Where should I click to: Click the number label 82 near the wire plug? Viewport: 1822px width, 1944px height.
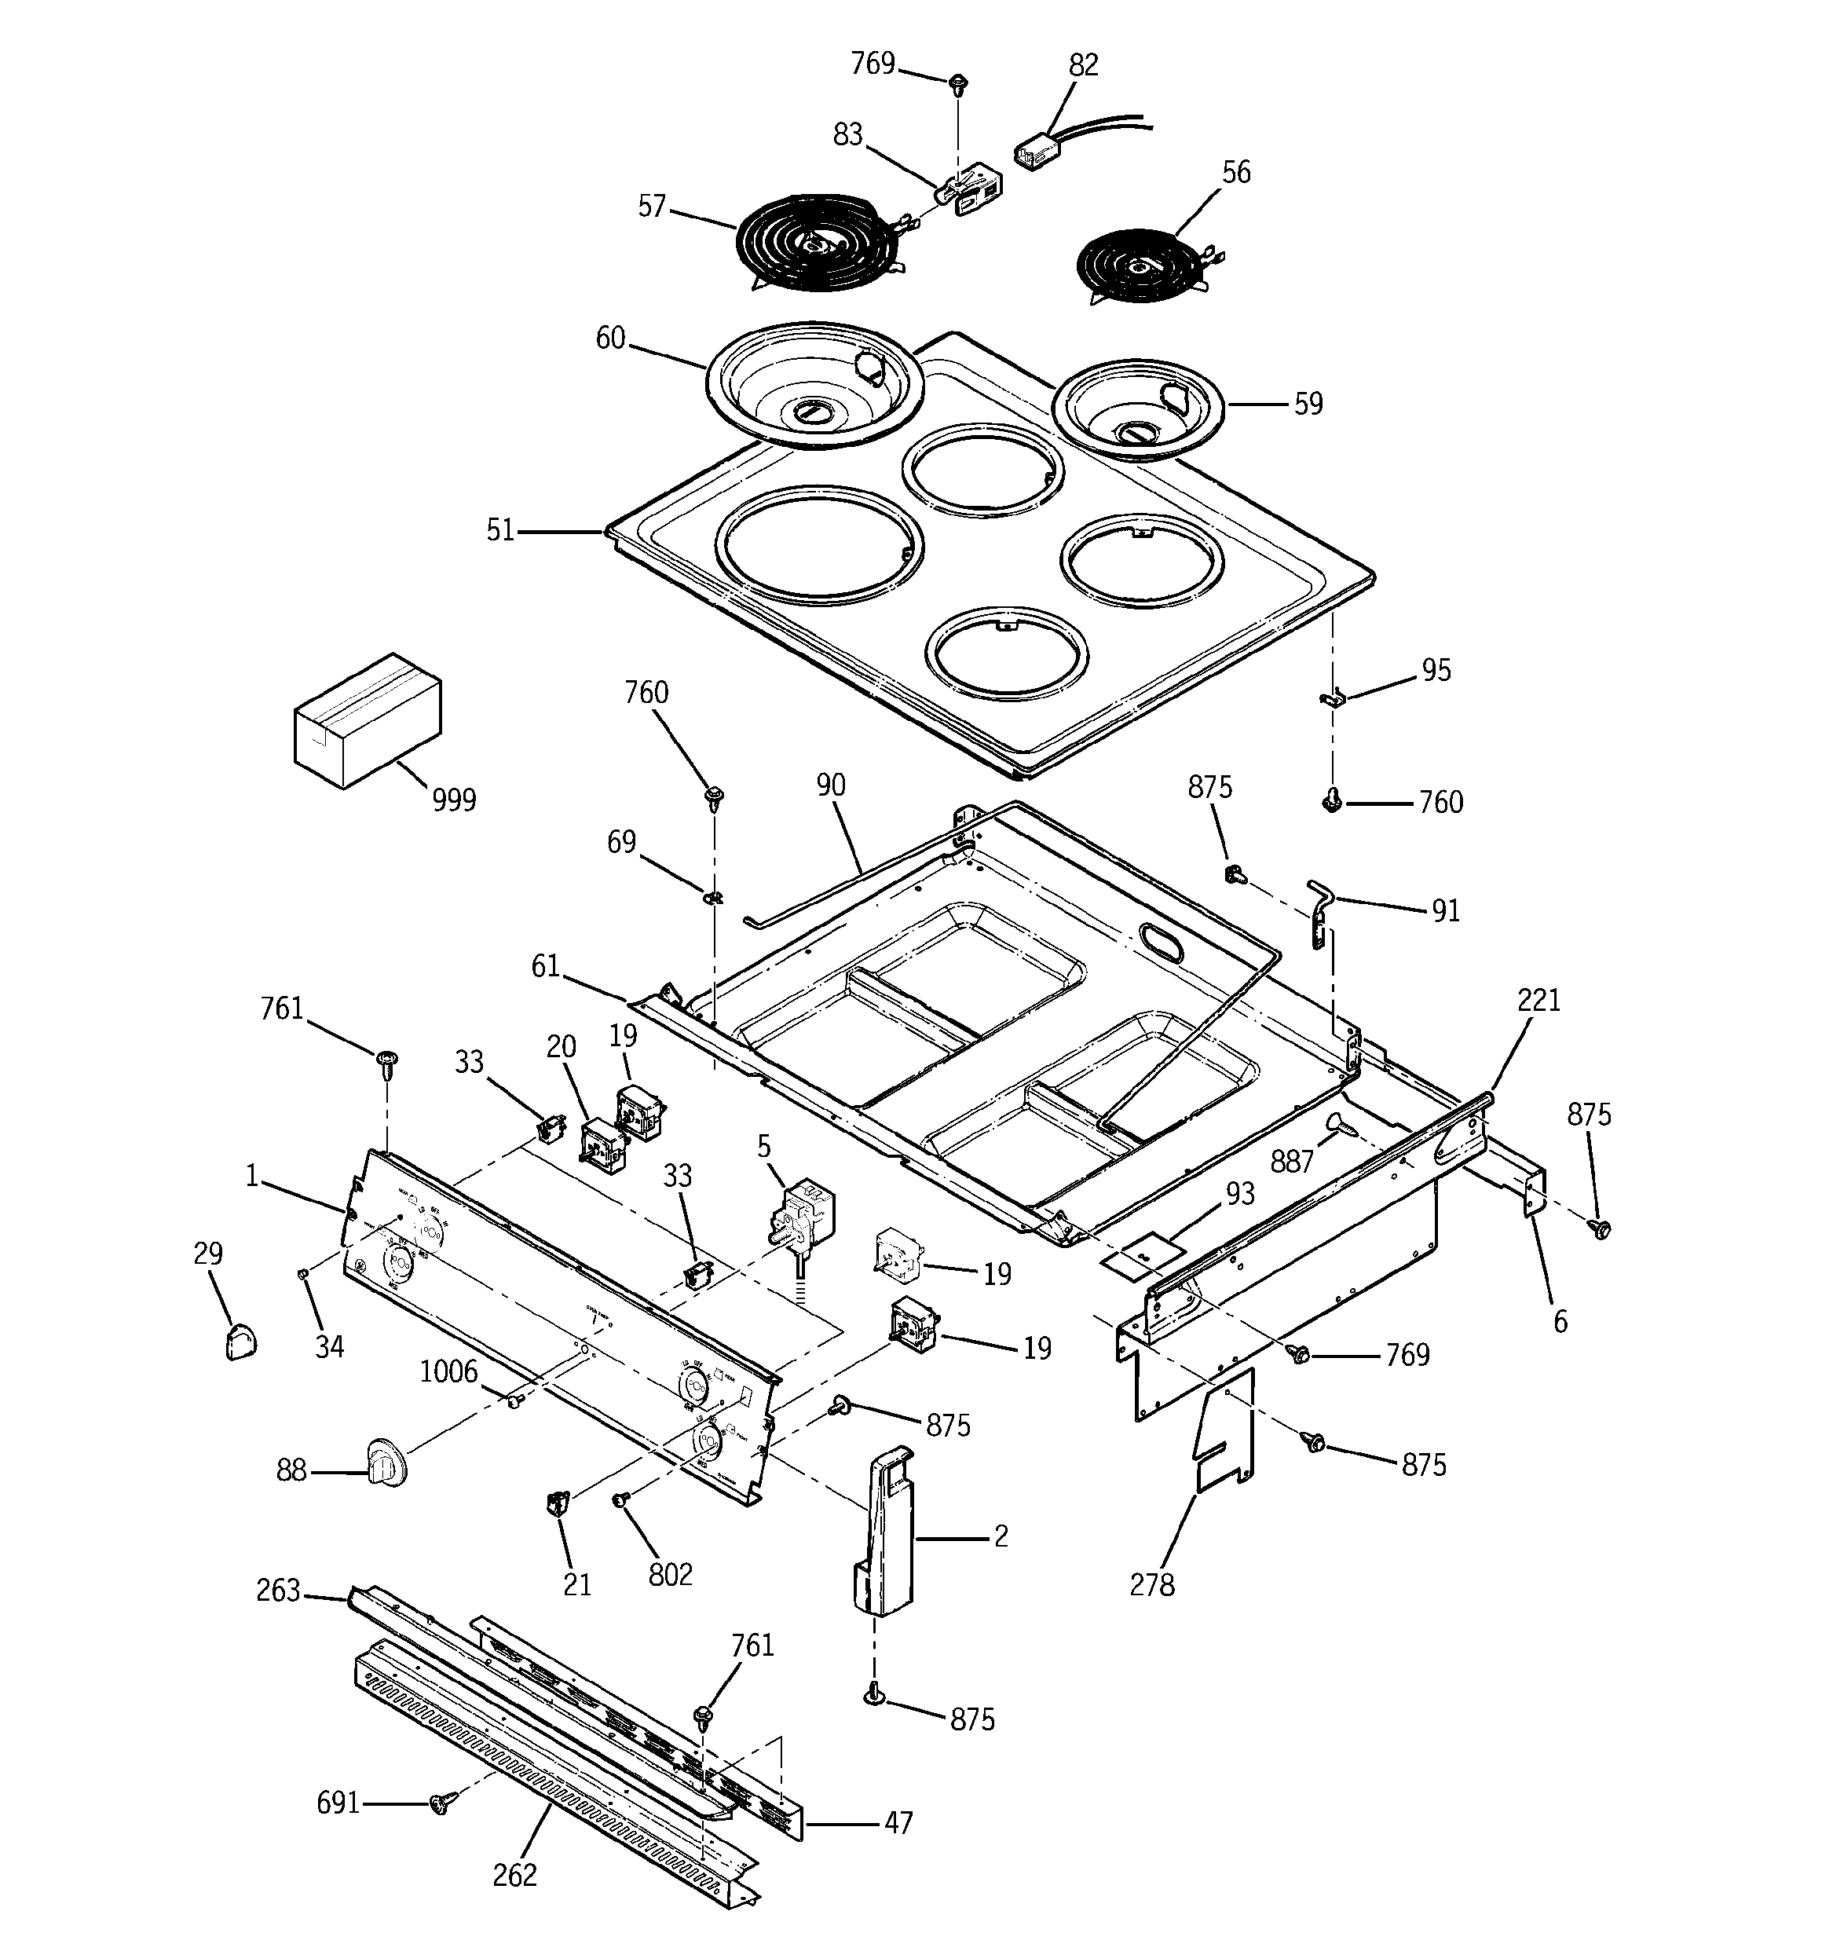point(1083,65)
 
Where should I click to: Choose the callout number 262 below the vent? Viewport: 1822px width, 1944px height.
point(514,1875)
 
